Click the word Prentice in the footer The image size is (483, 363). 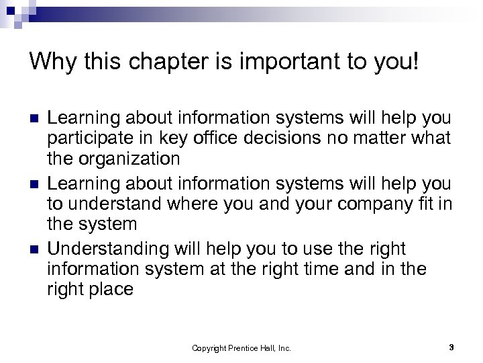tap(242, 347)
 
